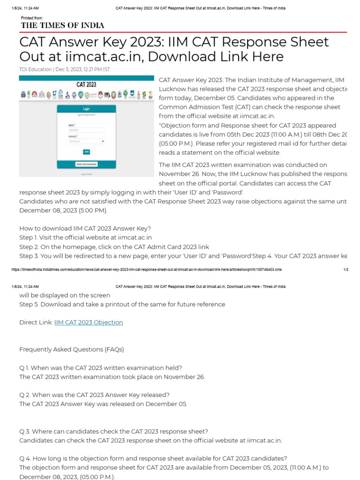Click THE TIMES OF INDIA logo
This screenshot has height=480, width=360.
62,25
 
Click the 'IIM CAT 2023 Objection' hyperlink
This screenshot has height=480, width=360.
89,322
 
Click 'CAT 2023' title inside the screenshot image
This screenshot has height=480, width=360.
86,85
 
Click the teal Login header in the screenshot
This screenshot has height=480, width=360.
86,108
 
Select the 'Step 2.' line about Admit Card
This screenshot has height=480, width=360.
114,247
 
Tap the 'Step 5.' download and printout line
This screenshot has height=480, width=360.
122,304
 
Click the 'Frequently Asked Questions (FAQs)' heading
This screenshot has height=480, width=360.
71,349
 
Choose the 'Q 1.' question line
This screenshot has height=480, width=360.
101,367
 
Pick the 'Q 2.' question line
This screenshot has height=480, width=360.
94,395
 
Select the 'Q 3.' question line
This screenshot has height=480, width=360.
113,431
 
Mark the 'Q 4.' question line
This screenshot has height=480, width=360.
153,458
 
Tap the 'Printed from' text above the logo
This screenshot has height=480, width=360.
31,18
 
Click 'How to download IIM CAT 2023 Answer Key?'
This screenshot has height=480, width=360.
85,228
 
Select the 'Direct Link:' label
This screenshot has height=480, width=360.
36,322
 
